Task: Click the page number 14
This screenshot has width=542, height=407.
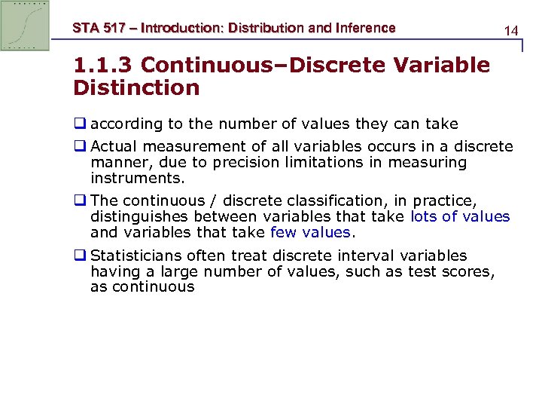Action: click(511, 31)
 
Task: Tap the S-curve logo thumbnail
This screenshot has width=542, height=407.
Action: click(25, 26)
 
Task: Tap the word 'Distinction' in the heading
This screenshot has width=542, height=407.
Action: click(136, 88)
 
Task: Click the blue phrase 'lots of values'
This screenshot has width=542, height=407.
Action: click(460, 217)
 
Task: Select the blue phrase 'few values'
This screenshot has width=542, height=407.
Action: click(310, 233)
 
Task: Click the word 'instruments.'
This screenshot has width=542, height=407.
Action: click(138, 179)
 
